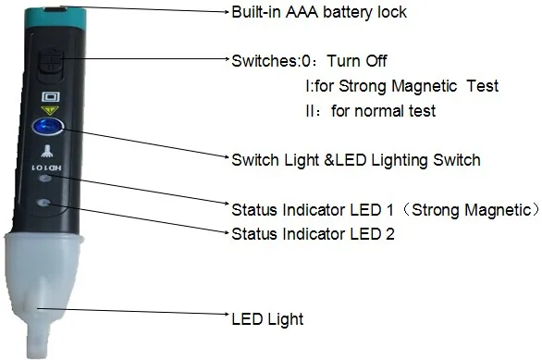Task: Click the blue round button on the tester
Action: (x=48, y=126)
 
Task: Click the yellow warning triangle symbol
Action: (x=50, y=110)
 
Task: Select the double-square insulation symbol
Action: (x=51, y=97)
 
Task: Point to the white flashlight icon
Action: (x=46, y=151)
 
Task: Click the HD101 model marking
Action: (x=46, y=168)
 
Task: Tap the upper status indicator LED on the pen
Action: (x=45, y=179)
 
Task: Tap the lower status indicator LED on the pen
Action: (x=43, y=203)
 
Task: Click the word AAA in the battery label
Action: (x=302, y=12)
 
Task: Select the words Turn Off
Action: (x=357, y=61)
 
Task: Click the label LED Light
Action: (x=267, y=319)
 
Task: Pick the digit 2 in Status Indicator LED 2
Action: (x=389, y=234)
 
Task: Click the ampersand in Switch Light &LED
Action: (x=328, y=160)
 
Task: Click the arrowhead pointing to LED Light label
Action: (x=227, y=315)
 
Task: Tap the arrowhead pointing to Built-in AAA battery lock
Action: (x=227, y=12)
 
